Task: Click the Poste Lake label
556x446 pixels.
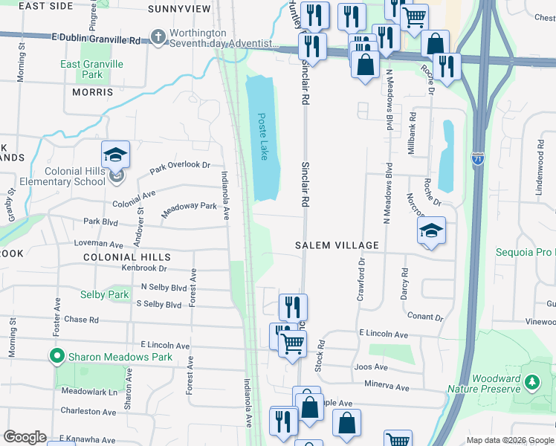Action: click(x=262, y=136)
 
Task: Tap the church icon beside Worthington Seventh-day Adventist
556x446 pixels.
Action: click(x=158, y=36)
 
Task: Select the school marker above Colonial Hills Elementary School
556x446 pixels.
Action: click(x=115, y=155)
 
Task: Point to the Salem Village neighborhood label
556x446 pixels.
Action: click(x=337, y=245)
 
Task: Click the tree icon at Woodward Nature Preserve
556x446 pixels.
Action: click(x=531, y=382)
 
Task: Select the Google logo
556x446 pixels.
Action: click(x=25, y=437)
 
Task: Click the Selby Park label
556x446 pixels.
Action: click(x=105, y=294)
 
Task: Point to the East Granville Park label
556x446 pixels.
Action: click(x=91, y=70)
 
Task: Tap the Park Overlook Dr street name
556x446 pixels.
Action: click(x=180, y=168)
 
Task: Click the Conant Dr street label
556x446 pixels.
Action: click(x=425, y=317)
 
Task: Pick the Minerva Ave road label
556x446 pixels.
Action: click(x=387, y=387)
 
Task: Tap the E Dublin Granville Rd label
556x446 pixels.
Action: click(x=96, y=39)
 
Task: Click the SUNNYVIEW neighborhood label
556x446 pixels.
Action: click(x=179, y=9)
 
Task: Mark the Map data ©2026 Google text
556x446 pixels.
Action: click(x=510, y=440)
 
